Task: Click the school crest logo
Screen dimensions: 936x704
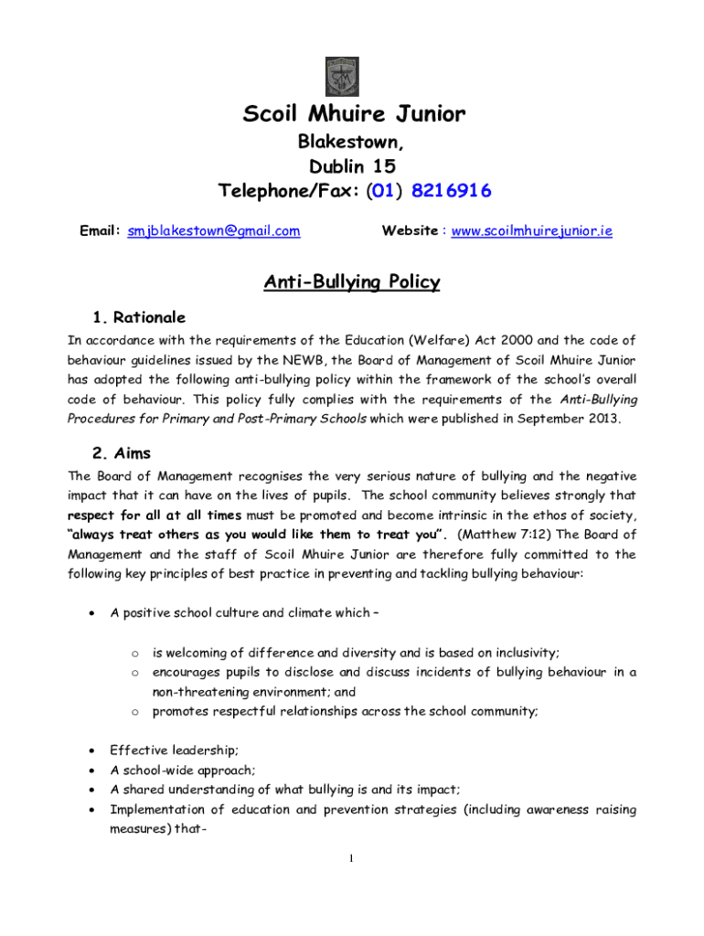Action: click(x=342, y=77)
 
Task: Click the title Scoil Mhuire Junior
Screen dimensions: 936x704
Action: click(x=354, y=114)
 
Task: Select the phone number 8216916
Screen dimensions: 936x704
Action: click(x=451, y=191)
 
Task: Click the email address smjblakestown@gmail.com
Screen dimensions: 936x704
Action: click(x=214, y=231)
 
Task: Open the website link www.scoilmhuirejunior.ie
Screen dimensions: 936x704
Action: click(x=532, y=231)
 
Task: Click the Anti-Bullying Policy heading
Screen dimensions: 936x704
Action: click(x=352, y=282)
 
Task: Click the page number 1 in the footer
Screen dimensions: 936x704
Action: click(x=352, y=857)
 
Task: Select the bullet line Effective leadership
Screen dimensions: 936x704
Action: click(x=174, y=750)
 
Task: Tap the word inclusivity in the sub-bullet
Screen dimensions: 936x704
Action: click(x=527, y=653)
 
